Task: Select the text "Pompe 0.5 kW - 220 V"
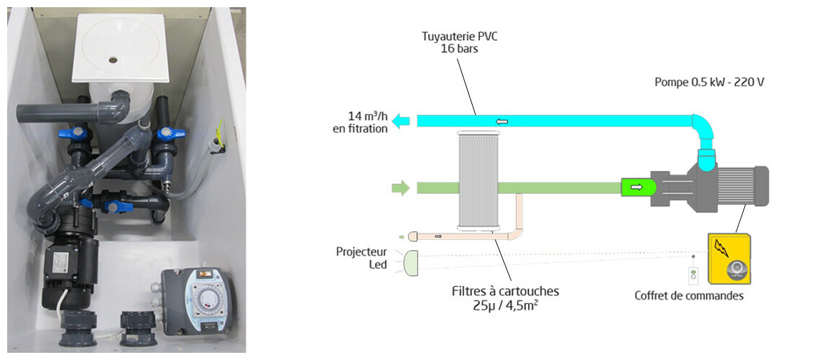click(708, 82)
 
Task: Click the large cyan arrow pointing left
click(401, 121)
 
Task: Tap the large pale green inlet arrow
click(400, 188)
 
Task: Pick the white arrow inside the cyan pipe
click(502, 121)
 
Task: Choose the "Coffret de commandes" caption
click(688, 295)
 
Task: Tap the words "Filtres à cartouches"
click(505, 292)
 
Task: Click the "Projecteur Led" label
click(361, 258)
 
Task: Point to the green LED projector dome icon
click(410, 262)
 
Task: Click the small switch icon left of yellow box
click(693, 274)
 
